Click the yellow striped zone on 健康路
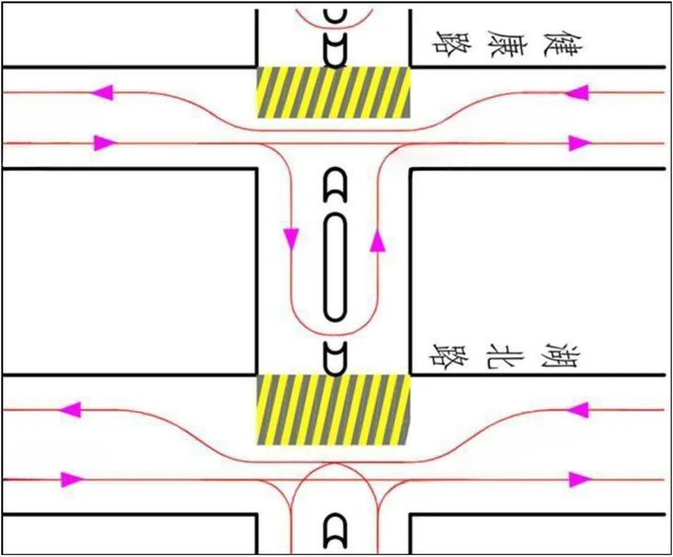tap(334, 92)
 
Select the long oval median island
tap(335, 267)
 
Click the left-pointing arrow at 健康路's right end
tap(576, 93)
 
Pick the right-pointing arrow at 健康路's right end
tap(578, 143)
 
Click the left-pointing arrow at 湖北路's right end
tap(576, 410)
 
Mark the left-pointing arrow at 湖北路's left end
tap(70, 410)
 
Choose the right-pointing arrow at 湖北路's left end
tap(70, 478)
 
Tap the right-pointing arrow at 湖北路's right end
tap(578, 478)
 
